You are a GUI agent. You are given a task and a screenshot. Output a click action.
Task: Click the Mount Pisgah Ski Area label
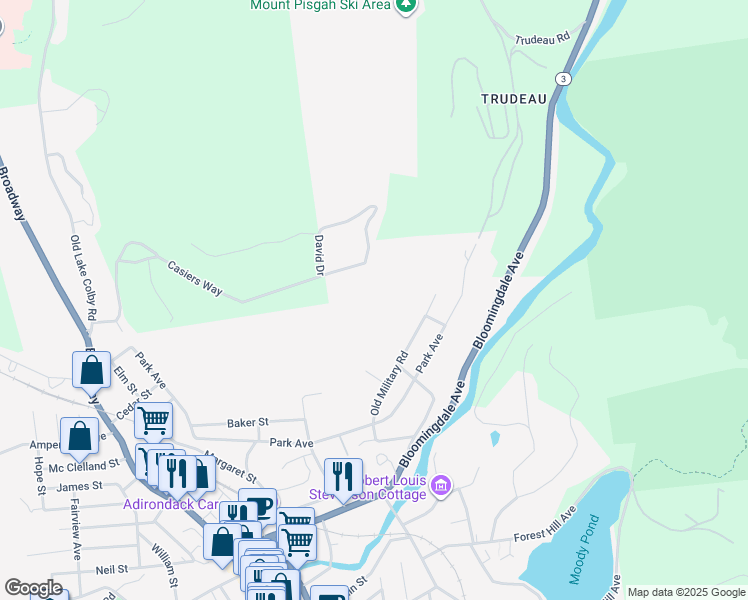pyautogui.click(x=319, y=6)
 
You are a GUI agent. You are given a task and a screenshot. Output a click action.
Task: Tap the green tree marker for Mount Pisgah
pyautogui.click(x=405, y=6)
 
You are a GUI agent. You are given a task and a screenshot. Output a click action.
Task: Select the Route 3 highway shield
pyautogui.click(x=565, y=79)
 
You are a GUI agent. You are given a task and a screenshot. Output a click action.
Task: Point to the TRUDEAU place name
pyautogui.click(x=513, y=99)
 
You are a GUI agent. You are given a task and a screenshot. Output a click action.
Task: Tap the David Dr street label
pyautogui.click(x=318, y=254)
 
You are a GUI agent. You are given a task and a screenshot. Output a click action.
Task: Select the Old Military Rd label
pyautogui.click(x=390, y=383)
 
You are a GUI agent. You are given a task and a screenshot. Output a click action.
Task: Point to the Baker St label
pyautogui.click(x=250, y=423)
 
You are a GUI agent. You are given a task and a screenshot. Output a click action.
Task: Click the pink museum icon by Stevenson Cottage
pyautogui.click(x=441, y=487)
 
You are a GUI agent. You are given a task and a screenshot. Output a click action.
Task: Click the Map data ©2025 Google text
pyautogui.click(x=685, y=592)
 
